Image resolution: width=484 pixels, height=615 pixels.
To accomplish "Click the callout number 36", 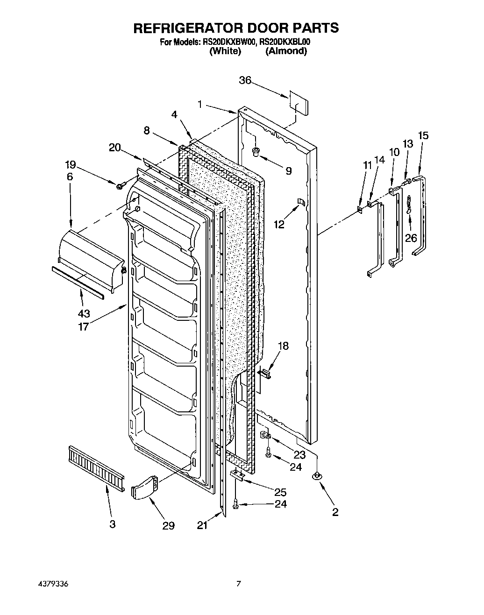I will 245,80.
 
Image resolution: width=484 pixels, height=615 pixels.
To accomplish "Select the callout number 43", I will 85,313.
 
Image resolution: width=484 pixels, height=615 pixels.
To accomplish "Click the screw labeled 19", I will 120,186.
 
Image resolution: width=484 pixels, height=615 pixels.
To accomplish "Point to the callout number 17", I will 84,326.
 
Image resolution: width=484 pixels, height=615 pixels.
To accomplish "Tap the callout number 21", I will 202,525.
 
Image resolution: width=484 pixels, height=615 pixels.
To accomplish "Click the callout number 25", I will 280,492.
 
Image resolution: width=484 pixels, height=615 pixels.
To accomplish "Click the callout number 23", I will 299,454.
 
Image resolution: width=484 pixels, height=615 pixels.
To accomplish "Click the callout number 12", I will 279,225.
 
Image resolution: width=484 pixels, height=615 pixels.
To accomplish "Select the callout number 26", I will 411,238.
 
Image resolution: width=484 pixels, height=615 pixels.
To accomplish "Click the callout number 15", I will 423,135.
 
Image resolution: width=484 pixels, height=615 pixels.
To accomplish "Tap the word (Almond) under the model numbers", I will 286,51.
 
